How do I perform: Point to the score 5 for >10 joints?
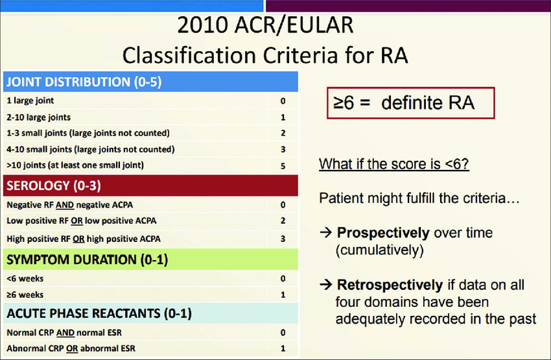click(283, 165)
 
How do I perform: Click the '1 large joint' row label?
click(30, 101)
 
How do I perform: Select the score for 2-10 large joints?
click(283, 117)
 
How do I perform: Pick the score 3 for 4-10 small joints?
click(283, 149)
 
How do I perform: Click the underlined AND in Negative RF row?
click(65, 205)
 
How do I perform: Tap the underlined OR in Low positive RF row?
click(76, 221)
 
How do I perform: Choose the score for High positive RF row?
click(283, 239)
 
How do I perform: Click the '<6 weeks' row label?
click(25, 278)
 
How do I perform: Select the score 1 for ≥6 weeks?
click(283, 294)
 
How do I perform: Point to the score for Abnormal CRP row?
click(283, 348)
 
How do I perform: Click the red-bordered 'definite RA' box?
click(411, 103)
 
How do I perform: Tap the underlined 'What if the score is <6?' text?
click(394, 164)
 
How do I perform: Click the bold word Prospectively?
click(383, 233)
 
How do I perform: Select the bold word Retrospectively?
click(390, 285)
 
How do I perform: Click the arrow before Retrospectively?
click(326, 284)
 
